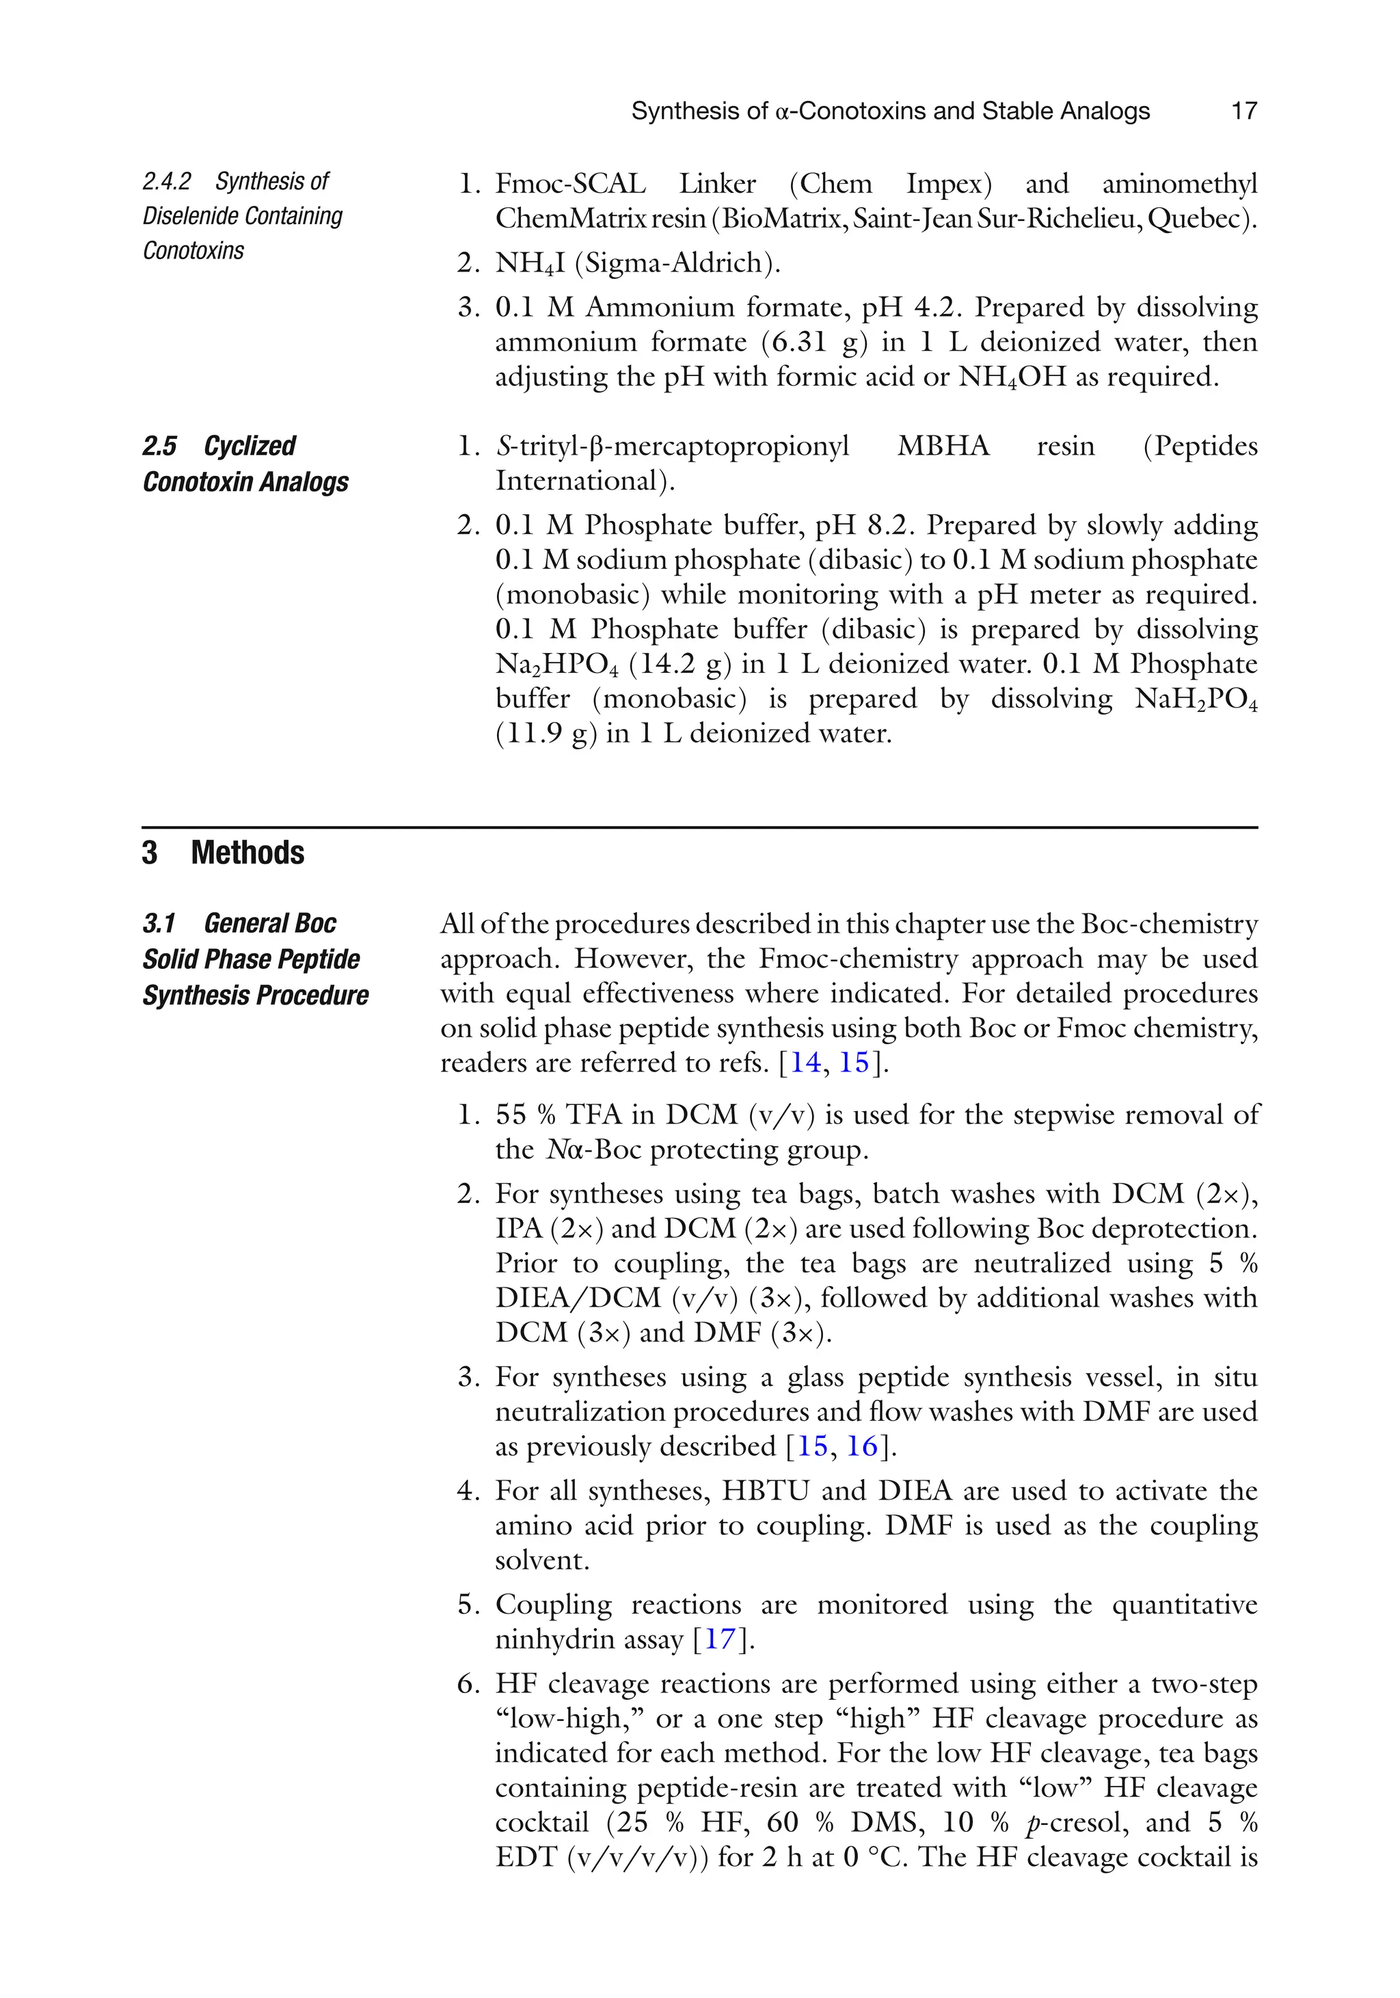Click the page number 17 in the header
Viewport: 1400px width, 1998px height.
1244,111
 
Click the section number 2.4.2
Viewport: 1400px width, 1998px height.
166,181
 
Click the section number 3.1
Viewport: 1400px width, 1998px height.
159,922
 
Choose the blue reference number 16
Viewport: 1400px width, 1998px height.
862,1446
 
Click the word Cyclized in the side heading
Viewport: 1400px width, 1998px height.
250,446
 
